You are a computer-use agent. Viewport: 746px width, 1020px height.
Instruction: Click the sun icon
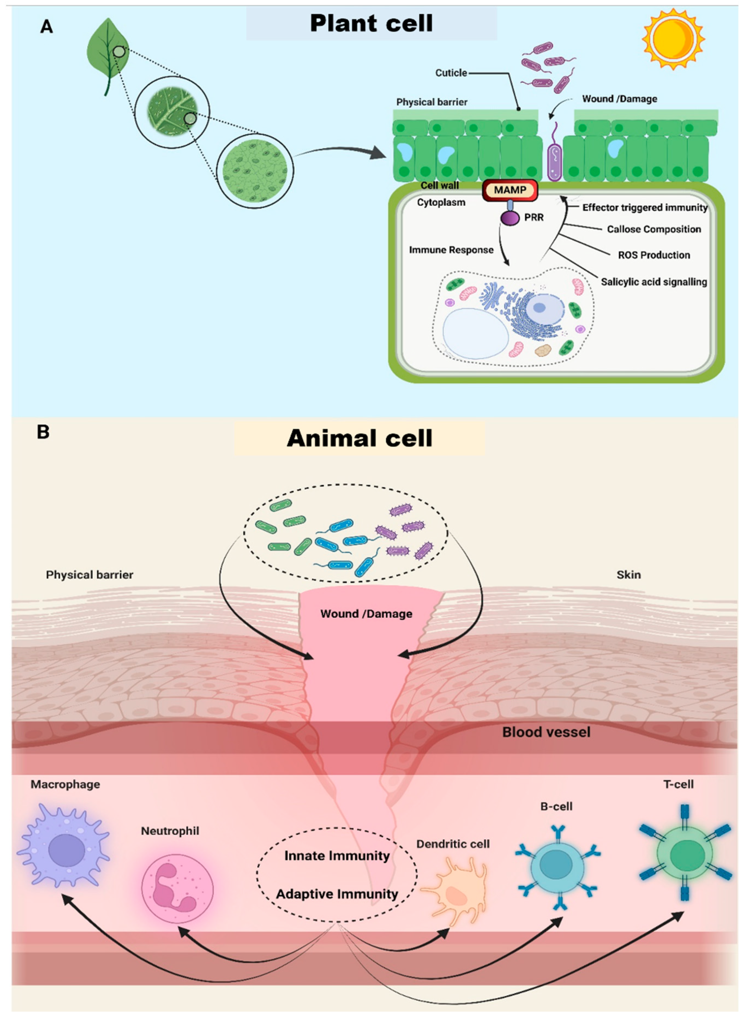[673, 39]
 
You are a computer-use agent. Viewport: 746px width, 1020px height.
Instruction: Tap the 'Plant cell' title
[371, 24]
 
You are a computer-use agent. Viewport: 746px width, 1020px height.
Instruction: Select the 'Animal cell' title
[360, 438]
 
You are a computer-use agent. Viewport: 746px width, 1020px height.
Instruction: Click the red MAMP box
[510, 190]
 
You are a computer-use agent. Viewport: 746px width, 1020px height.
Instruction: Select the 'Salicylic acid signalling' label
[653, 282]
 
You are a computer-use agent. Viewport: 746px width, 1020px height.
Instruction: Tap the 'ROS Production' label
[653, 255]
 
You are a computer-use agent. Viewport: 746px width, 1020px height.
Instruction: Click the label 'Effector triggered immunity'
[645, 207]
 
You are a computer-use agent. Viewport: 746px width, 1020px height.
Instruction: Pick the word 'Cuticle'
[451, 73]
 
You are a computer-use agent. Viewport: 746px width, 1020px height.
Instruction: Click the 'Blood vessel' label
[546, 732]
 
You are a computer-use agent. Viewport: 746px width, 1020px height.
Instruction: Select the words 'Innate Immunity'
[337, 855]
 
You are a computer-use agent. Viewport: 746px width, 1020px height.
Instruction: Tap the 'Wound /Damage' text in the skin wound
[366, 614]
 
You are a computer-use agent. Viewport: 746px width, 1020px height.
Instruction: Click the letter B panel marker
[43, 432]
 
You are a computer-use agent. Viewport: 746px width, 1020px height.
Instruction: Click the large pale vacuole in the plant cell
[476, 333]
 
